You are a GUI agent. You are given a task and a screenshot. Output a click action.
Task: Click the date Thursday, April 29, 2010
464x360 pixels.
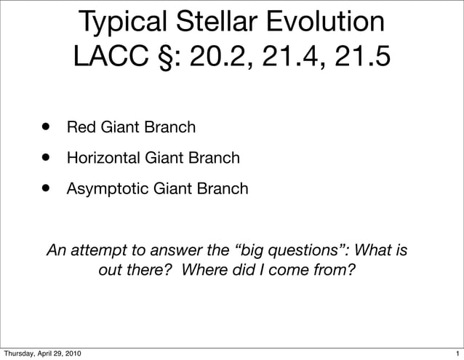tap(41, 353)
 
